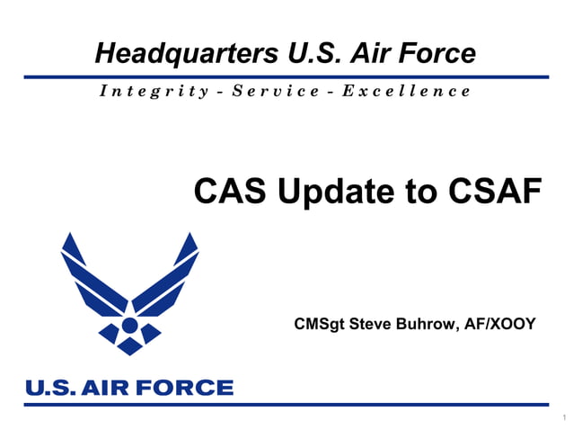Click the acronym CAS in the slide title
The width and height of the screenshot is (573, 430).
(228, 191)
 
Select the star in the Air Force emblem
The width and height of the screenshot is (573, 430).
(130, 325)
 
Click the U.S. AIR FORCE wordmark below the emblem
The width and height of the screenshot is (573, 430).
(129, 388)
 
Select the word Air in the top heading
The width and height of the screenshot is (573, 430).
(374, 54)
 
